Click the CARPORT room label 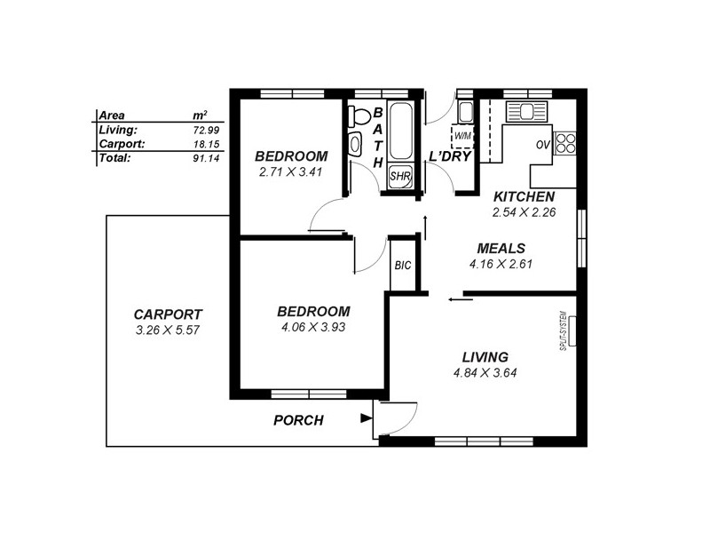pyautogui.click(x=168, y=314)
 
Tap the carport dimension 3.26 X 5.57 pyautogui.click(x=168, y=330)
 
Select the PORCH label pyautogui.click(x=297, y=420)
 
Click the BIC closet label pyautogui.click(x=402, y=266)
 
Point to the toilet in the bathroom pyautogui.click(x=358, y=116)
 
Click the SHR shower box pyautogui.click(x=401, y=176)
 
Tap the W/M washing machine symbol pyautogui.click(x=461, y=136)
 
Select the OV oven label pyautogui.click(x=544, y=145)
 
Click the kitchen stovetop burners pyautogui.click(x=565, y=143)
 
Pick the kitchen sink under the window pyautogui.click(x=525, y=112)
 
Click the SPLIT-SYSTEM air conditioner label pyautogui.click(x=564, y=330)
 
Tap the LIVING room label pyautogui.click(x=485, y=355)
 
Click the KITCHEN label pyautogui.click(x=524, y=196)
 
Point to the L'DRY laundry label pyautogui.click(x=449, y=156)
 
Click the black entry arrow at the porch pyautogui.click(x=367, y=418)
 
